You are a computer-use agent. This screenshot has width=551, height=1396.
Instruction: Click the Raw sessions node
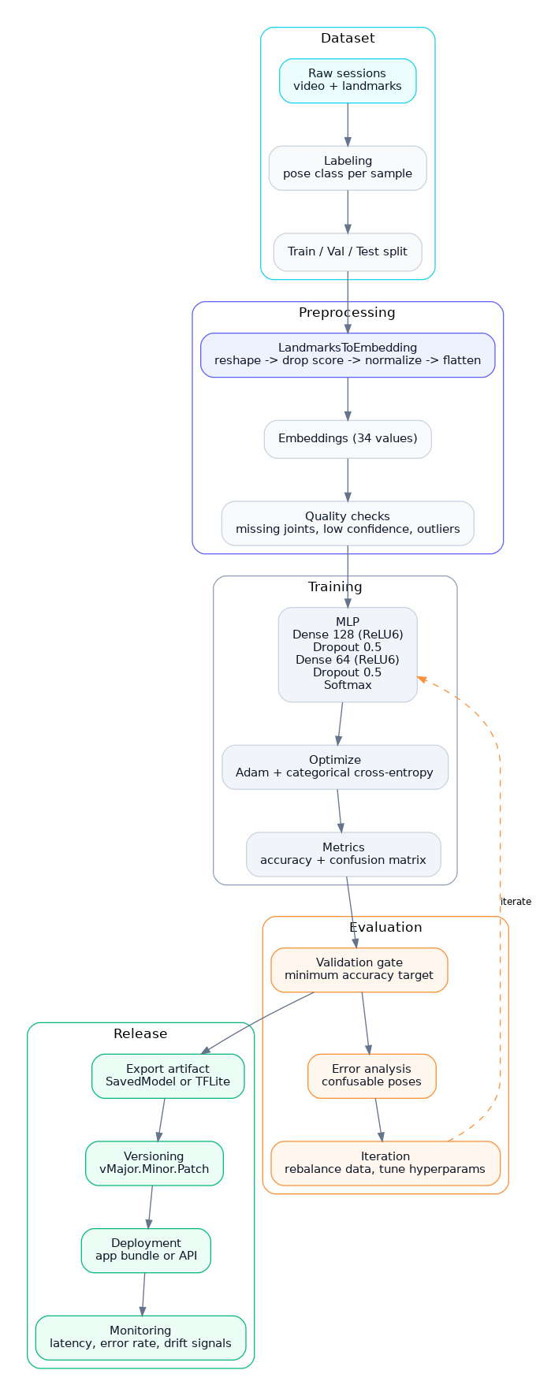point(348,80)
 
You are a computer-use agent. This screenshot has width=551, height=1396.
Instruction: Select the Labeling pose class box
point(348,168)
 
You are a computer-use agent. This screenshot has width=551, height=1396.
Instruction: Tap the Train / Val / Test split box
point(348,251)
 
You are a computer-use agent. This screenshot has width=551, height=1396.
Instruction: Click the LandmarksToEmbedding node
point(348,355)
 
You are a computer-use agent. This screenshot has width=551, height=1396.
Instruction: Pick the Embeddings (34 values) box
point(348,438)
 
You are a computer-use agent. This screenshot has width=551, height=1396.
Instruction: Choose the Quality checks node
point(348,523)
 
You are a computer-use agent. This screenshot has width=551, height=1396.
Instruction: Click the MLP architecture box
point(348,654)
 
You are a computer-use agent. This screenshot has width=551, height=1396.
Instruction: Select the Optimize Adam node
point(335,766)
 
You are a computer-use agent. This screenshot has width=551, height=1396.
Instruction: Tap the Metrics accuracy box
point(344,854)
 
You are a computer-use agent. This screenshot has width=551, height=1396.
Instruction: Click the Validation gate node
point(359,970)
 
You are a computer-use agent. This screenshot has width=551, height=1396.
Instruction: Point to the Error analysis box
point(372,1076)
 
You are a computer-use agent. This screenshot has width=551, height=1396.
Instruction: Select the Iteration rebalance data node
point(385,1163)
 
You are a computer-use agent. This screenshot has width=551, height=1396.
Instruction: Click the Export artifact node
point(168,1076)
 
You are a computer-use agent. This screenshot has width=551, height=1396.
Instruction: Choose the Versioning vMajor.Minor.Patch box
point(155,1163)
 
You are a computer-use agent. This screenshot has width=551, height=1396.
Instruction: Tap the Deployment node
point(146,1250)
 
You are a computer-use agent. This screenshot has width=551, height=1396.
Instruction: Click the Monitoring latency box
point(140,1338)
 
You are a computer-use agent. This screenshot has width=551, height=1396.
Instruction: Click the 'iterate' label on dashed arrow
point(516,902)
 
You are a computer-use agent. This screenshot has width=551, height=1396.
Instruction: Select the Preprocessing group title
point(347,313)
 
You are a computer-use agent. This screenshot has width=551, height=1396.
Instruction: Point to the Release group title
point(140,1034)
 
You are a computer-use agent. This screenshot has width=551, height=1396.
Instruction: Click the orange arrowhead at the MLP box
point(422,679)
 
